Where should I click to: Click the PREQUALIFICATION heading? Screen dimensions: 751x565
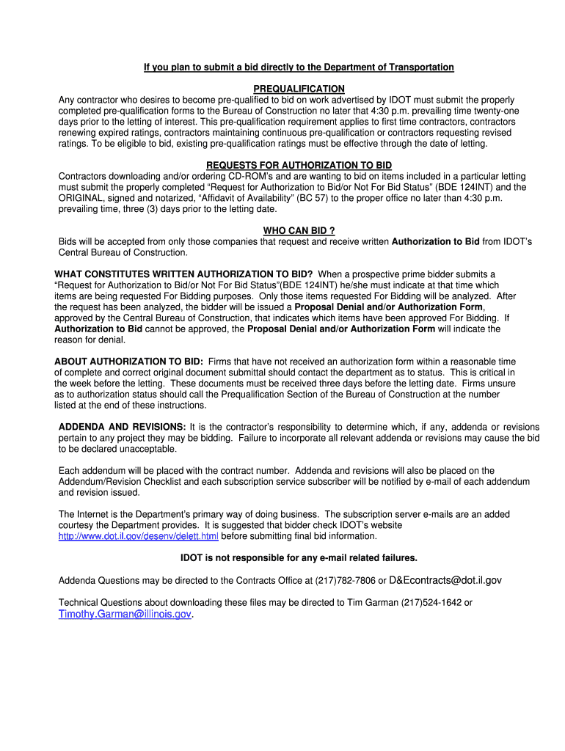pos(299,89)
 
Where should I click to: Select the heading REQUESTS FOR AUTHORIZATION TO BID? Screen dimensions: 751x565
pos(299,166)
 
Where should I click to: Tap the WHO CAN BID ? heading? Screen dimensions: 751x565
pos(299,231)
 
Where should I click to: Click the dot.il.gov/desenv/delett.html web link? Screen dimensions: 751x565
pos(139,536)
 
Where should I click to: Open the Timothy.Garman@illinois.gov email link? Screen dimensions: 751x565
pos(125,615)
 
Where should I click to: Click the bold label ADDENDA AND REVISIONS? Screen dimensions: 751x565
pos(122,427)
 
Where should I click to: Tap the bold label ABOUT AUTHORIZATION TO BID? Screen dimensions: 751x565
pos(128,362)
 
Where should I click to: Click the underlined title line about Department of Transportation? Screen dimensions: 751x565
pos(299,67)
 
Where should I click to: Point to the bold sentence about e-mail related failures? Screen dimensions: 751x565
pos(299,558)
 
